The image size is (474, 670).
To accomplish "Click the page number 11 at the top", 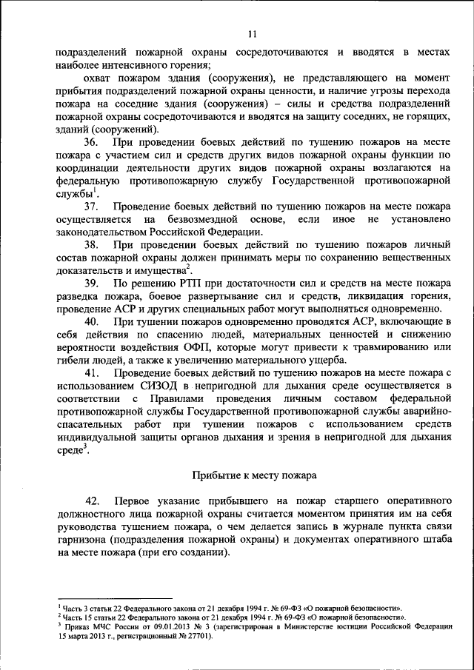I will [x=252, y=33].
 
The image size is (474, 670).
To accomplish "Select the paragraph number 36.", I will [x=93, y=141].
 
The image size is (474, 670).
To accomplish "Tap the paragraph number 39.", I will [x=93, y=283].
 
